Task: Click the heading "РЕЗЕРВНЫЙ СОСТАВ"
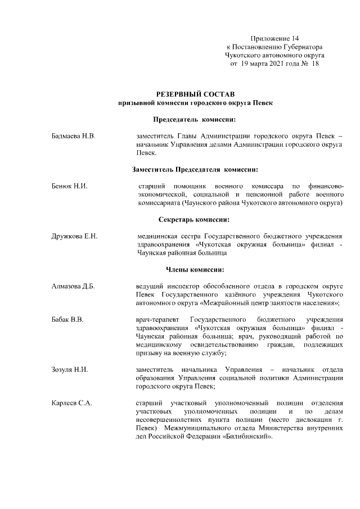pos(195,92)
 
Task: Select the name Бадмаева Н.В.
pos(71,136)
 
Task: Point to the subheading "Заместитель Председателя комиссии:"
pos(195,169)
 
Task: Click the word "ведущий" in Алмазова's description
pos(150,286)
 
